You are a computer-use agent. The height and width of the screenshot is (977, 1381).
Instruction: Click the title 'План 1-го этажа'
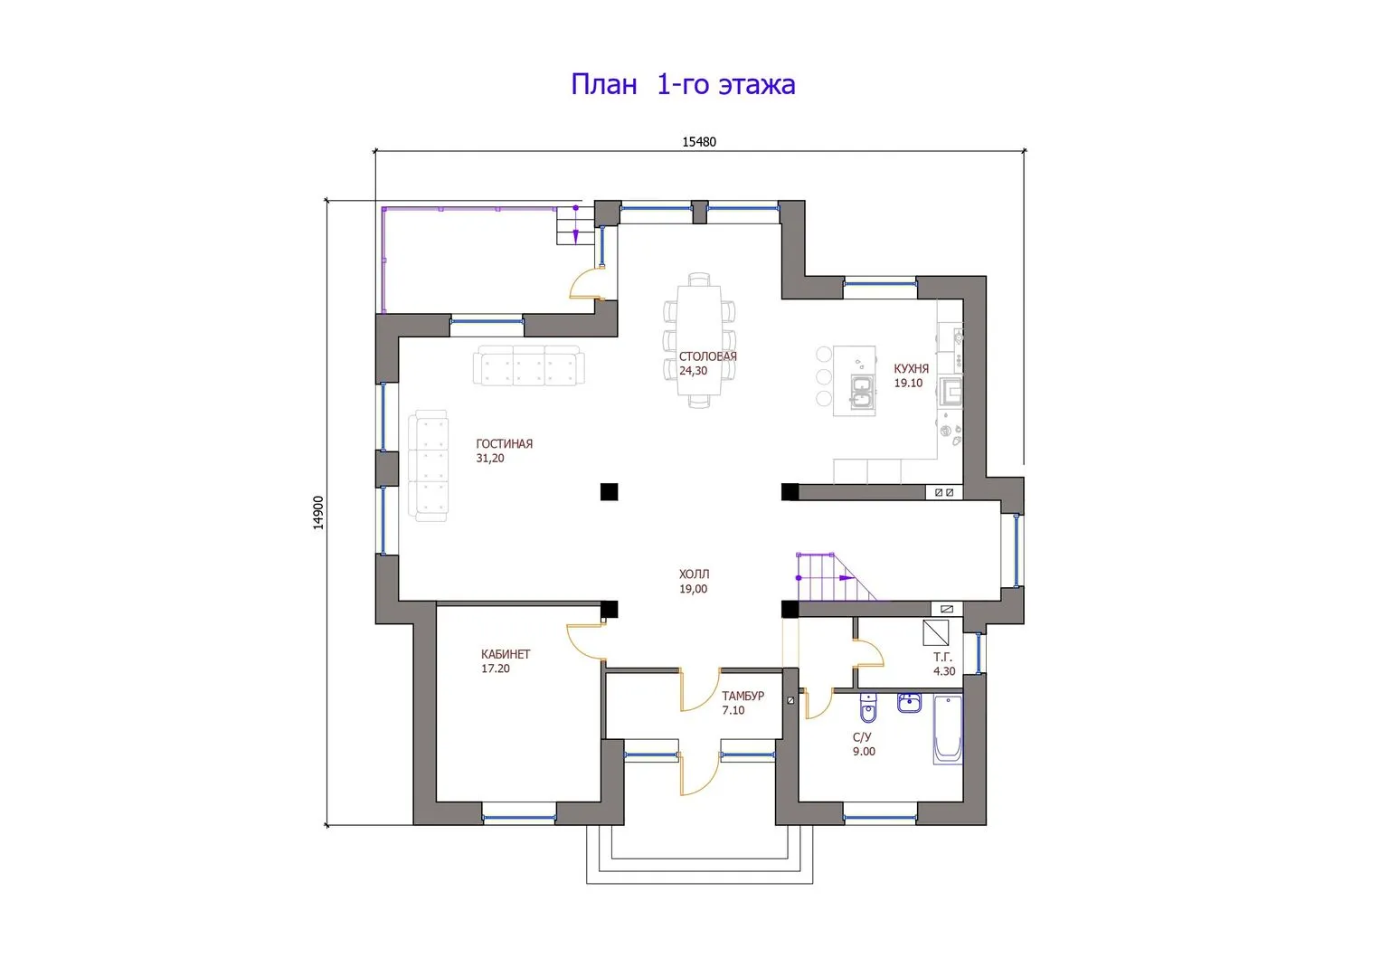[683, 84]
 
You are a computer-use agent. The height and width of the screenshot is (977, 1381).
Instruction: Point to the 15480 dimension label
[699, 142]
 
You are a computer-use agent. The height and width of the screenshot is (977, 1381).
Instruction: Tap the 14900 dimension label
[318, 513]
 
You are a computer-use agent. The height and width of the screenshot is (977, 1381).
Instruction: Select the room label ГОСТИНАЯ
[505, 443]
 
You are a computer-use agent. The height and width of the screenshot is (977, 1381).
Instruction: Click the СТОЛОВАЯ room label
[708, 356]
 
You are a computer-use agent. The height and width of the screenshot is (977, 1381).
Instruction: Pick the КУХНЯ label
[912, 369]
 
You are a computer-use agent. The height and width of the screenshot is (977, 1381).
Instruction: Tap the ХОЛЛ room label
[695, 574]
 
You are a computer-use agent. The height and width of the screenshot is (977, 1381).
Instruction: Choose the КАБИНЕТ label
[506, 654]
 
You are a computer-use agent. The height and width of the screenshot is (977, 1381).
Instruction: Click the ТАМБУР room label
[743, 696]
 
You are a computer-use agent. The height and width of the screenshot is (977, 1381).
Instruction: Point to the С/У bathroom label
[862, 737]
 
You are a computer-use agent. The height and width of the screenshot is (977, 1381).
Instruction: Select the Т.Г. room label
[942, 658]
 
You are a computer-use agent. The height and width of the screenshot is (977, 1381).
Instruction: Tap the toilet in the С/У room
[868, 708]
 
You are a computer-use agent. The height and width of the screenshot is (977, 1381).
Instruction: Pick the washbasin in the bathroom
[909, 703]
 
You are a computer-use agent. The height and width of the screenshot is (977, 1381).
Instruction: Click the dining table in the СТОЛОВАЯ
[699, 340]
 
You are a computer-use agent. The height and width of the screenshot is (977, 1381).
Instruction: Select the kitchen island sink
[861, 393]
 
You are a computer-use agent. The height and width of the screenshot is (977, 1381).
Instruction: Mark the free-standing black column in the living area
[610, 491]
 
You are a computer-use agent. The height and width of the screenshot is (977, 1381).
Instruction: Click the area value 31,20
[490, 459]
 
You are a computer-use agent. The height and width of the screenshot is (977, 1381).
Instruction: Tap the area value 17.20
[496, 669]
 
